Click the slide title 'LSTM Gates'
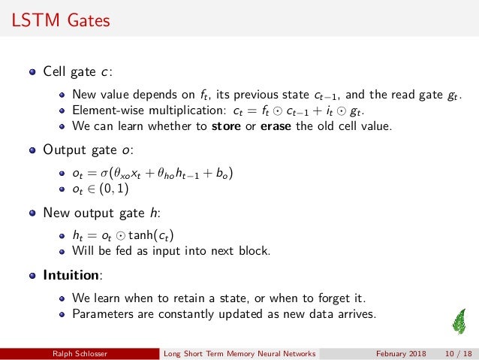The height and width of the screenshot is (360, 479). tap(61, 20)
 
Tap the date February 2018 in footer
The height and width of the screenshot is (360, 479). tap(401, 353)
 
